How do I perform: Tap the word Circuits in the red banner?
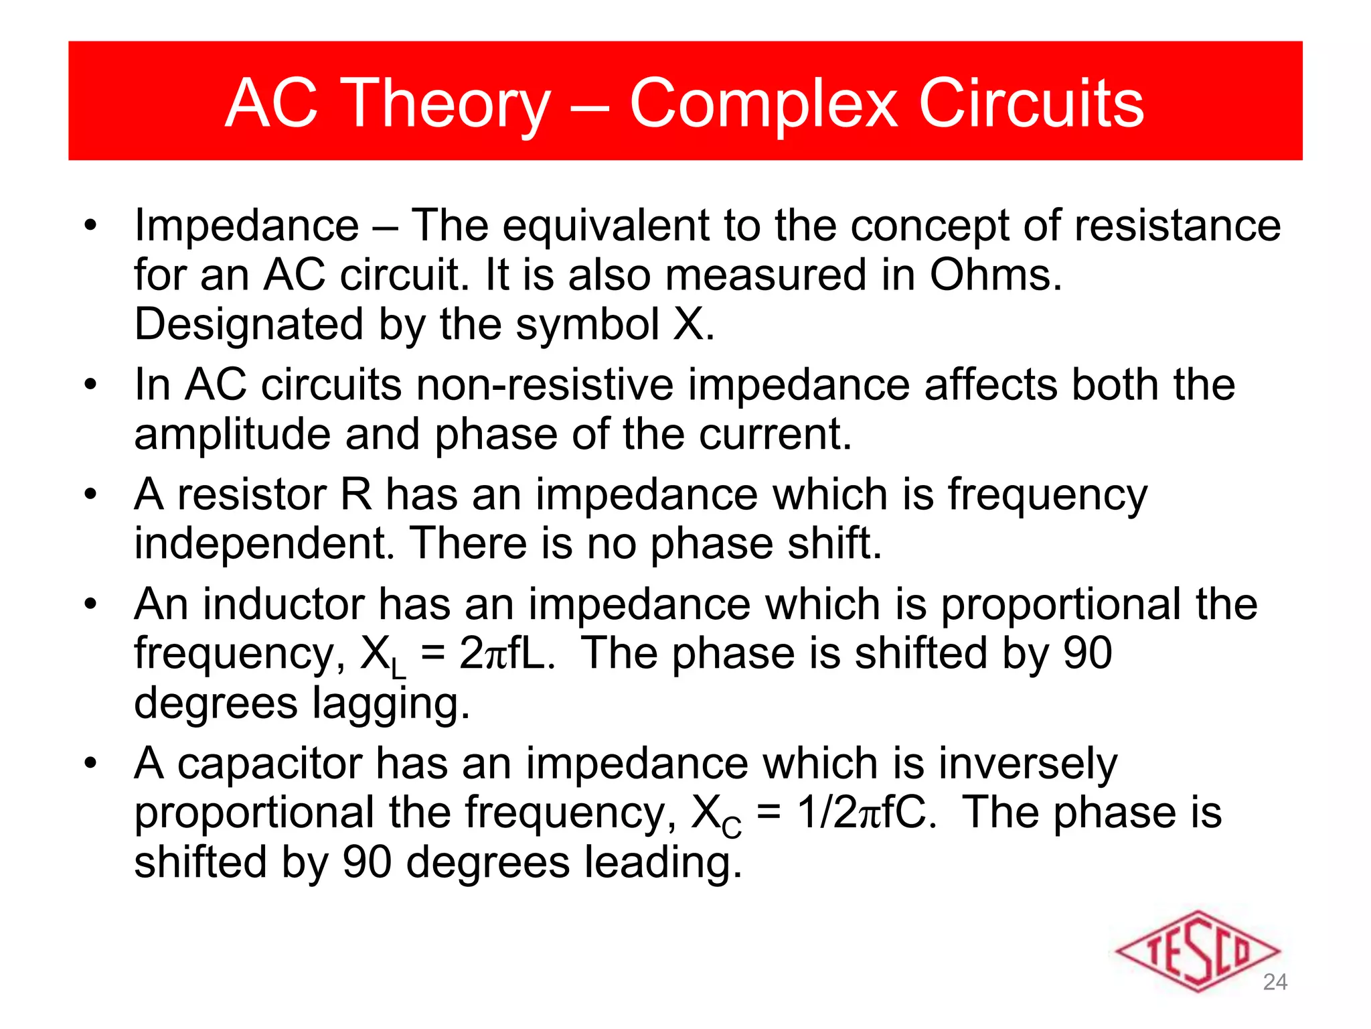pos(1031,104)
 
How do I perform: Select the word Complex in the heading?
pos(763,104)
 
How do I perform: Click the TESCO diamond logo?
pos(1198,951)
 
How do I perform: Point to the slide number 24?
pos(1275,982)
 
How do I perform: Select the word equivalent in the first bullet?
pos(605,226)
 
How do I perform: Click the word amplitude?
pos(232,435)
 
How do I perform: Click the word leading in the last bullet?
pos(663,862)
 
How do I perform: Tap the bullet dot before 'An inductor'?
pos(91,604)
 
